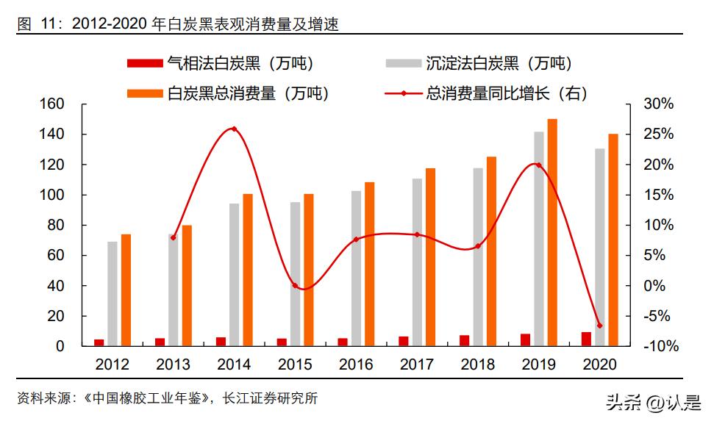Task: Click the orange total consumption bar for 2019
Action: pyautogui.click(x=551, y=232)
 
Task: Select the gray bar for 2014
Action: pyautogui.click(x=234, y=274)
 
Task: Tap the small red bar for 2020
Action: pyautogui.click(x=585, y=339)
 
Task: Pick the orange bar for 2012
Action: pyautogui.click(x=126, y=290)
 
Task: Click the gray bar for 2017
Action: pyautogui.click(x=417, y=262)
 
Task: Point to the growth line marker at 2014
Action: pyautogui.click(x=234, y=129)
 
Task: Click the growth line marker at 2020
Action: pyautogui.click(x=599, y=326)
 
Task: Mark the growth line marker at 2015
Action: pyautogui.click(x=295, y=285)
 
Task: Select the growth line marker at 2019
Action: pyautogui.click(x=538, y=165)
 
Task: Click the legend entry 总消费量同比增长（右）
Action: pyautogui.click(x=485, y=93)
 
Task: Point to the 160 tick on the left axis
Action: pyautogui.click(x=52, y=104)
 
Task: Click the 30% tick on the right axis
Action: pyautogui.click(x=658, y=104)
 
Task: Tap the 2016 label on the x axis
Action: pyautogui.click(x=356, y=364)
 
